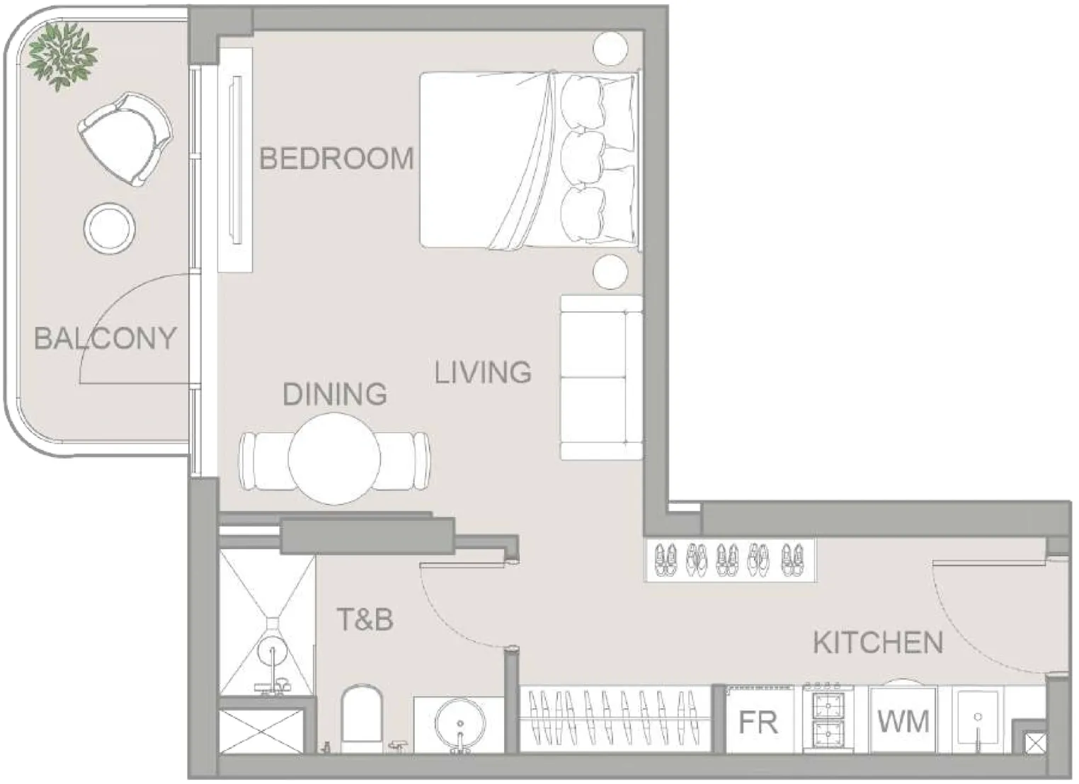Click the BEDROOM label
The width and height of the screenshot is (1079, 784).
coord(337,158)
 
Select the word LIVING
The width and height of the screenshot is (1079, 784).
coord(483,372)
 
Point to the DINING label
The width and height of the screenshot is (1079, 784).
coord(335,393)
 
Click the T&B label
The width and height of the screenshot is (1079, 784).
coord(365,619)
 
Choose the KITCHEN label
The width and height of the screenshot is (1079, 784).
coord(878,642)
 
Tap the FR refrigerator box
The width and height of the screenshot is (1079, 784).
coord(759,720)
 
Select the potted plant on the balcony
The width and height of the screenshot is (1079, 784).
coord(62,57)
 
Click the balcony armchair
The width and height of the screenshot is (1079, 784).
coord(125,139)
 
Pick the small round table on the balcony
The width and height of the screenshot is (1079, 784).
coord(109,228)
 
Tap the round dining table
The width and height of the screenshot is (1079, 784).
coord(334,459)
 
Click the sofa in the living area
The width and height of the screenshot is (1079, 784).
coord(602,377)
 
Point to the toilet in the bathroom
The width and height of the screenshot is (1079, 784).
coord(362,718)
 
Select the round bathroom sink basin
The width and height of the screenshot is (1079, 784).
coord(460,724)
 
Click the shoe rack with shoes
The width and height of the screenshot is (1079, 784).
coord(730,560)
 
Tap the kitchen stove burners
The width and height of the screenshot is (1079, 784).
coord(828,718)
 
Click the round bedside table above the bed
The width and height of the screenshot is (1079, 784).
coord(610,48)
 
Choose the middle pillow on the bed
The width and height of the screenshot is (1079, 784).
coord(583,158)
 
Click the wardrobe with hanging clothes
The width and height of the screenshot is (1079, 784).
coord(615,719)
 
